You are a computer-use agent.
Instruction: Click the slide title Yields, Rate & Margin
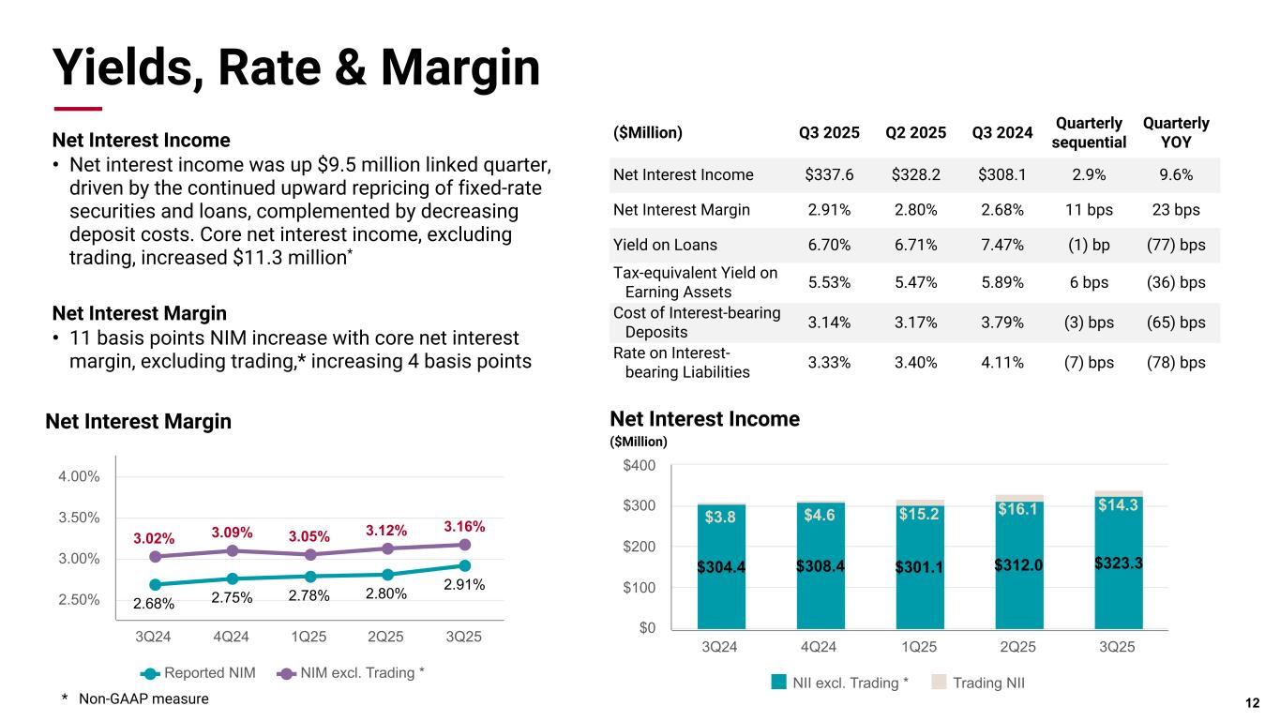[295, 68]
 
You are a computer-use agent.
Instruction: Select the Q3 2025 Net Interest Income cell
[829, 174]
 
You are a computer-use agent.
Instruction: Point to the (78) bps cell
[1176, 363]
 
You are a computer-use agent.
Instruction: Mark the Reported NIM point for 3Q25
[464, 565]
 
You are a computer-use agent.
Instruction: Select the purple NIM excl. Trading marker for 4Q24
[232, 550]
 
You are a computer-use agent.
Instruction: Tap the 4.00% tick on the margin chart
[78, 476]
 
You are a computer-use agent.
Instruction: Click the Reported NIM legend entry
[199, 673]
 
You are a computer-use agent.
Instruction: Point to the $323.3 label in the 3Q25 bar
[1119, 563]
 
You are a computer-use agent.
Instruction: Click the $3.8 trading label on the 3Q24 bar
[721, 516]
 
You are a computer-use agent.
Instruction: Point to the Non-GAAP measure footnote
[135, 698]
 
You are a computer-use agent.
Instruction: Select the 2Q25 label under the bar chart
[1019, 647]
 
